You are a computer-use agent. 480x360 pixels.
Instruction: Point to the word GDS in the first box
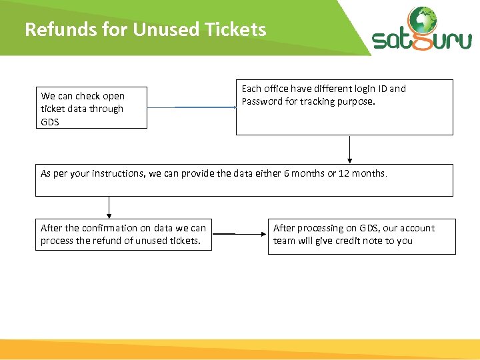coord(50,122)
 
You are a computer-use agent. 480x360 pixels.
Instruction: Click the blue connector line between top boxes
coord(203,107)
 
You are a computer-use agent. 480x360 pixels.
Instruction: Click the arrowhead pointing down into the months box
coord(349,159)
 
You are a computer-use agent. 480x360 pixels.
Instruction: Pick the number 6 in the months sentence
coord(277,173)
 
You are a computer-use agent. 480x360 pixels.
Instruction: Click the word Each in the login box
coord(251,89)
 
